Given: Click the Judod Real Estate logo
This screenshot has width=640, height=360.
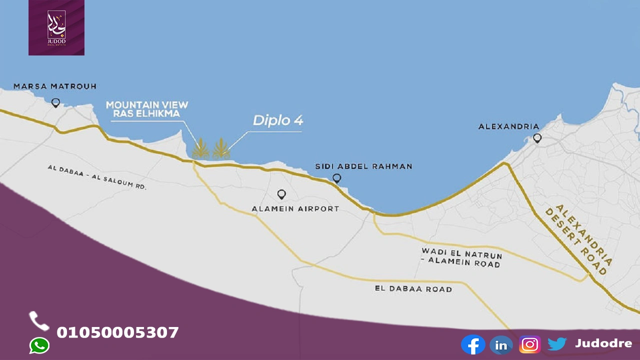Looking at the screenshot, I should pyautogui.click(x=56, y=27).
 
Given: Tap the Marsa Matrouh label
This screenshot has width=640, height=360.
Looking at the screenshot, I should pyautogui.click(x=55, y=86).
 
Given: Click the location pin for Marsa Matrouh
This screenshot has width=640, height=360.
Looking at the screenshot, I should pyautogui.click(x=55, y=102).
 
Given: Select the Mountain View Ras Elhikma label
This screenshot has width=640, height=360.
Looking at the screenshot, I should pyautogui.click(x=147, y=109).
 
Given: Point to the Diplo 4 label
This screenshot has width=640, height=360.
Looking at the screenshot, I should pyautogui.click(x=277, y=120).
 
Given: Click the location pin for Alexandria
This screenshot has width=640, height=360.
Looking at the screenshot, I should pyautogui.click(x=537, y=137).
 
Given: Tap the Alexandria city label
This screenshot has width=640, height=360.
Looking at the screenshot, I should pyautogui.click(x=508, y=126).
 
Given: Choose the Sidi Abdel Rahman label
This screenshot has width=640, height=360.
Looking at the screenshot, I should pyautogui.click(x=363, y=166).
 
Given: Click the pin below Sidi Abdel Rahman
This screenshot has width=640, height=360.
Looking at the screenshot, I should pyautogui.click(x=336, y=177).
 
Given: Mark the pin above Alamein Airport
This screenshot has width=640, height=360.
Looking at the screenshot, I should pyautogui.click(x=281, y=194).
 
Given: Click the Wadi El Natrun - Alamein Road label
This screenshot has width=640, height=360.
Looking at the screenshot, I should pyautogui.click(x=461, y=257).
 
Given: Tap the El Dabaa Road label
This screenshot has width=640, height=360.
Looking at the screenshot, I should pyautogui.click(x=413, y=289).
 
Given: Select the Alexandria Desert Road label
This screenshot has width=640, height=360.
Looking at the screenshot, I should pyautogui.click(x=578, y=239).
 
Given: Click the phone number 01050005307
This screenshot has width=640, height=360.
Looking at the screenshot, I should pyautogui.click(x=117, y=332).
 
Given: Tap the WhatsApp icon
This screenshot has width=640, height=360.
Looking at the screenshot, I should pyautogui.click(x=39, y=345).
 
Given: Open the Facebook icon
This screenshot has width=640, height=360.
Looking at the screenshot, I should pyautogui.click(x=473, y=344).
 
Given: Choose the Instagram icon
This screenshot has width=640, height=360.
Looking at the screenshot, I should pyautogui.click(x=529, y=344).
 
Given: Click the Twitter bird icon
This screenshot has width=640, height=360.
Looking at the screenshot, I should pyautogui.click(x=556, y=344).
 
